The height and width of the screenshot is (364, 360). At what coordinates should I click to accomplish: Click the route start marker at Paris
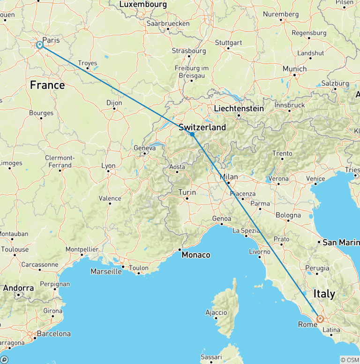coord(40,45)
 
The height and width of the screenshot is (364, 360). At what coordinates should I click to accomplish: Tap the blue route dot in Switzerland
coord(192,134)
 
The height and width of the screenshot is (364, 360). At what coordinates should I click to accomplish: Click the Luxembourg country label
coord(143,4)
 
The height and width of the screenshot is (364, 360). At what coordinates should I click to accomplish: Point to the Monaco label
coord(196,255)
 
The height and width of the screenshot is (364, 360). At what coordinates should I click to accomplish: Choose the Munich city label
coord(294,69)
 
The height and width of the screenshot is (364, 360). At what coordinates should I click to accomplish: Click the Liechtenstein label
coord(239,108)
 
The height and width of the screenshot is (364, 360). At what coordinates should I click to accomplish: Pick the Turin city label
coord(187,192)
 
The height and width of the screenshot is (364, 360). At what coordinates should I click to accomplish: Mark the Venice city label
coord(315,179)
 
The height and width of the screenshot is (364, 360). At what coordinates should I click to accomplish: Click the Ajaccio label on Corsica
coord(217,312)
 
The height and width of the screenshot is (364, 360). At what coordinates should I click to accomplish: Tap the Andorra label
coord(18,288)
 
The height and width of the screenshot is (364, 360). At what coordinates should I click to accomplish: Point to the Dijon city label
coord(114,103)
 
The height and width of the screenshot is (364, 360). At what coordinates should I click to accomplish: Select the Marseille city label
coord(106,272)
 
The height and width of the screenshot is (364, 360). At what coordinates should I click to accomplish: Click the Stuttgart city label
coord(228,43)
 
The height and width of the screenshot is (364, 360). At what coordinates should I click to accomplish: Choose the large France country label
coord(47,85)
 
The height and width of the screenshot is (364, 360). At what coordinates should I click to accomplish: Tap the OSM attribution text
coord(350,360)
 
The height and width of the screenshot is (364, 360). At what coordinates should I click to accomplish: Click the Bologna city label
coord(288,215)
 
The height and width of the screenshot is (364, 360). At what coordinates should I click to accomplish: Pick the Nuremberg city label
coord(281,14)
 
